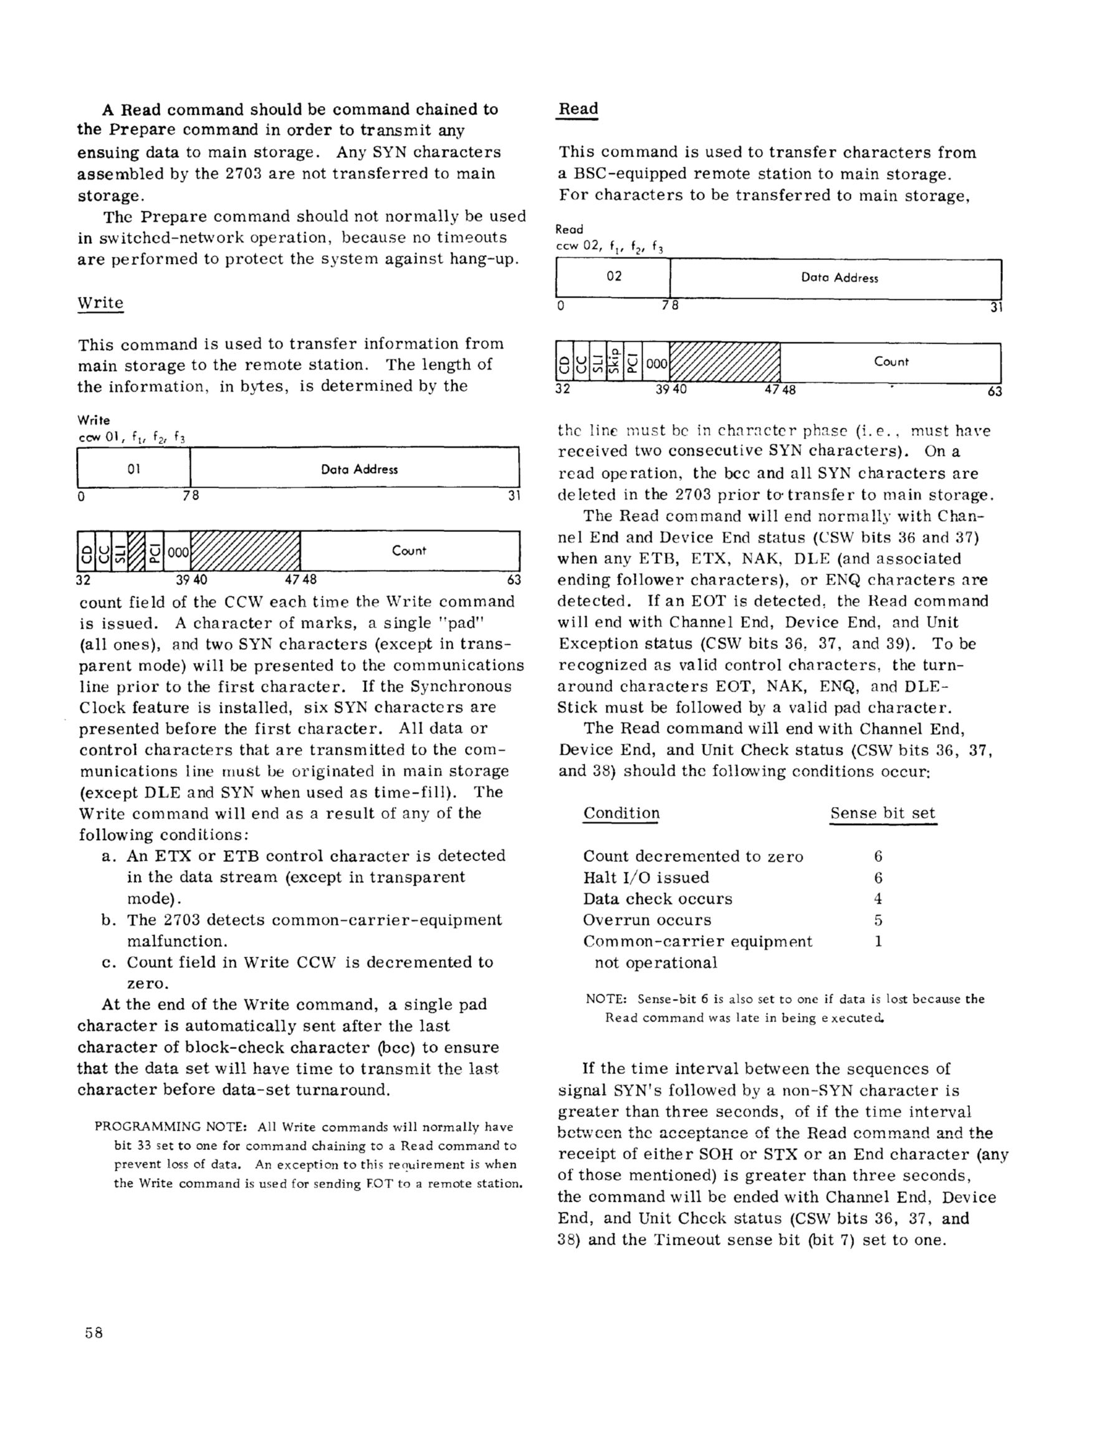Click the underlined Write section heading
[100, 303]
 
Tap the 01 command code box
[134, 469]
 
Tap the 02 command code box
[614, 276]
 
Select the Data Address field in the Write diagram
[359, 470]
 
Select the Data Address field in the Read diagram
[839, 278]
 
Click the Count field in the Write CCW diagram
[409, 551]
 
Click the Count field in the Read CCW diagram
[891, 361]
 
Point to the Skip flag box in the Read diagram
[615, 361]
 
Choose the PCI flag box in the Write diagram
[153, 551]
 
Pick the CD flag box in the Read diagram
[564, 362]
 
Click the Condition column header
[621, 813]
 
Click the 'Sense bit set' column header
[882, 813]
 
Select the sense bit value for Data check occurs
[878, 899]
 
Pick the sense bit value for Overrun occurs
[878, 920]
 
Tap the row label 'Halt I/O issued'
[645, 877]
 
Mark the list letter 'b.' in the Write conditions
[110, 920]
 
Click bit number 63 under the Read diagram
[994, 392]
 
